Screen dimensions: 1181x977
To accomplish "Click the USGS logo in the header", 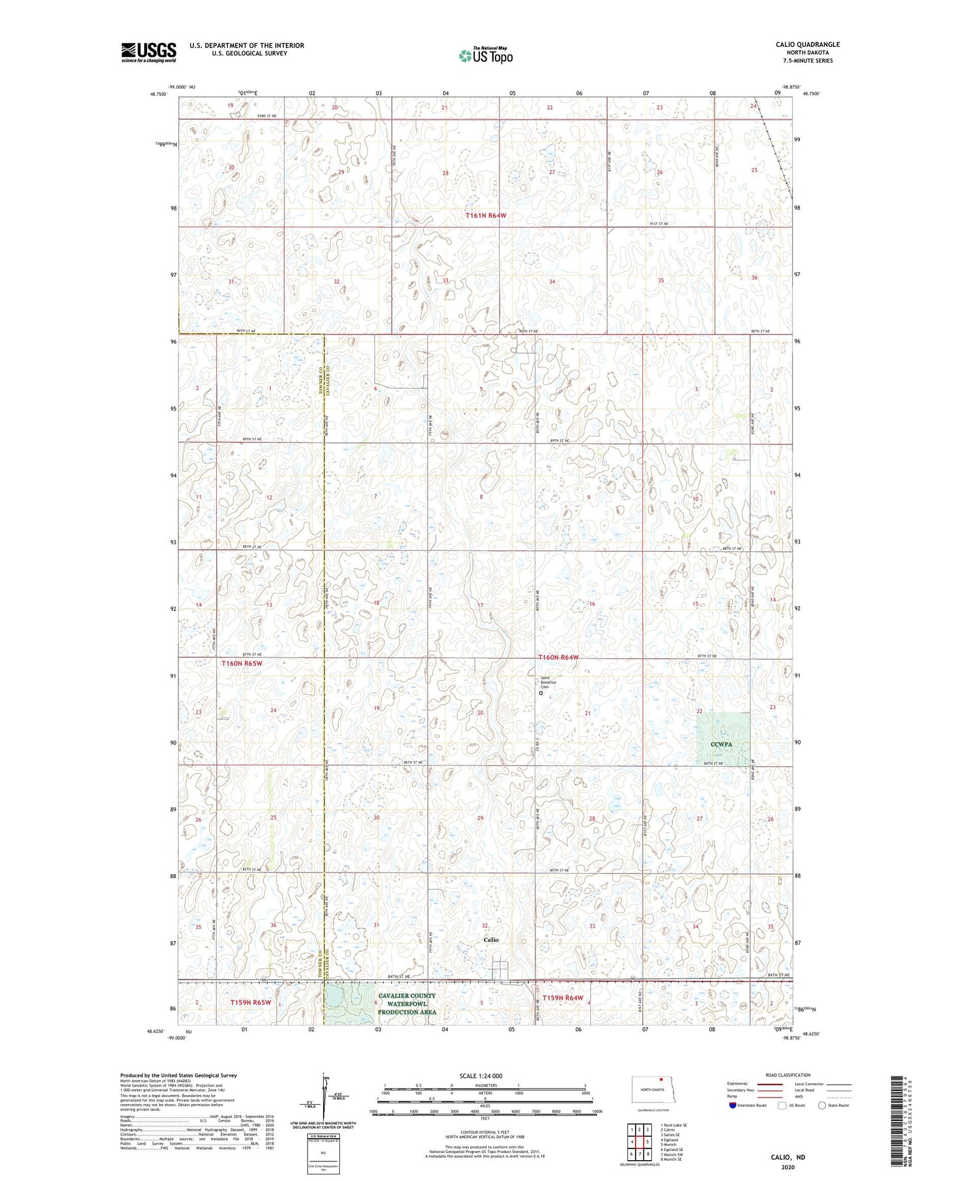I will pyautogui.click(x=149, y=52).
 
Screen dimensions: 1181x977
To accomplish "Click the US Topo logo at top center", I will pyautogui.click(x=485, y=55).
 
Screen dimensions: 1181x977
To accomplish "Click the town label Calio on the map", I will pyautogui.click(x=490, y=939).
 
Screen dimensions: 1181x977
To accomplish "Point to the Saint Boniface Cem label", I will pyautogui.click(x=548, y=682).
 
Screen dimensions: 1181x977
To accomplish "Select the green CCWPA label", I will pyautogui.click(x=723, y=744).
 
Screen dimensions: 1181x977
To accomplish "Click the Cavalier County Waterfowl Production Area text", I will pyautogui.click(x=406, y=1003).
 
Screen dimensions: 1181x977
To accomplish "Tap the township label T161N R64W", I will pyautogui.click(x=486, y=215).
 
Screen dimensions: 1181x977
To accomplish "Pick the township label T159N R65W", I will pyautogui.click(x=250, y=1002).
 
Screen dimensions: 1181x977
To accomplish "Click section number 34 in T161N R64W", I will pyautogui.click(x=552, y=281).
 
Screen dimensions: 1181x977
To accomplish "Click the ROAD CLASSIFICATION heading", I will pyautogui.click(x=787, y=1075).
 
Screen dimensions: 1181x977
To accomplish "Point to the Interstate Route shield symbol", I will pyautogui.click(x=733, y=1105).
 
